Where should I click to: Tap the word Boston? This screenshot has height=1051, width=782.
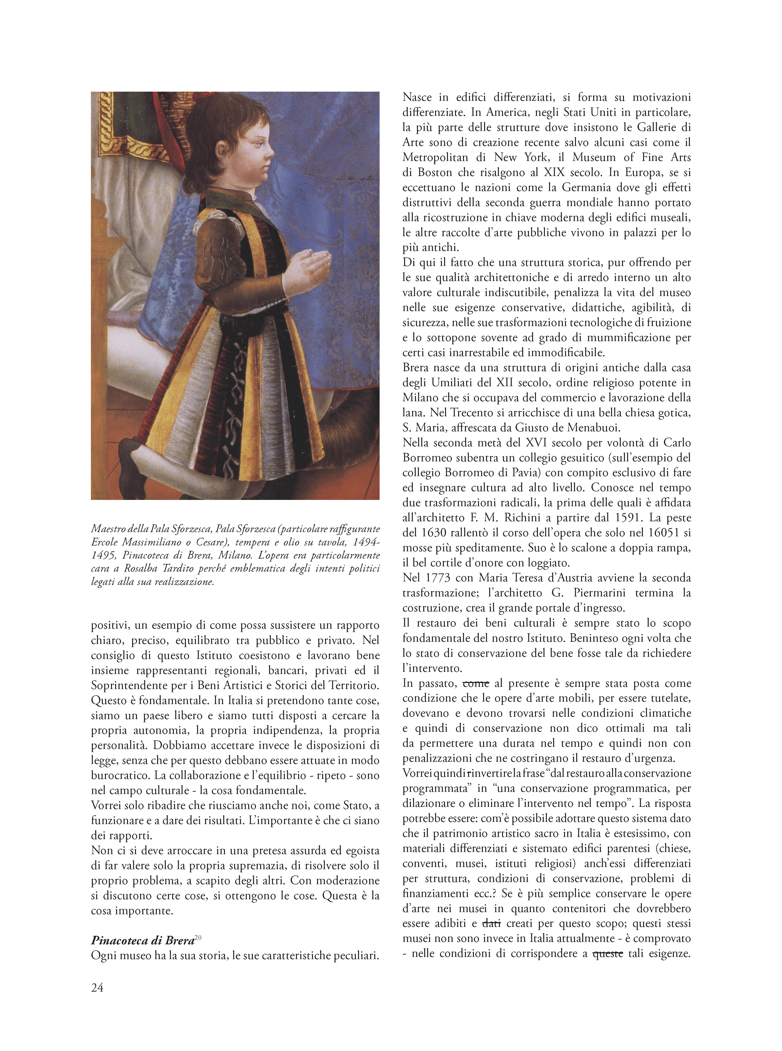(x=428, y=172)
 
